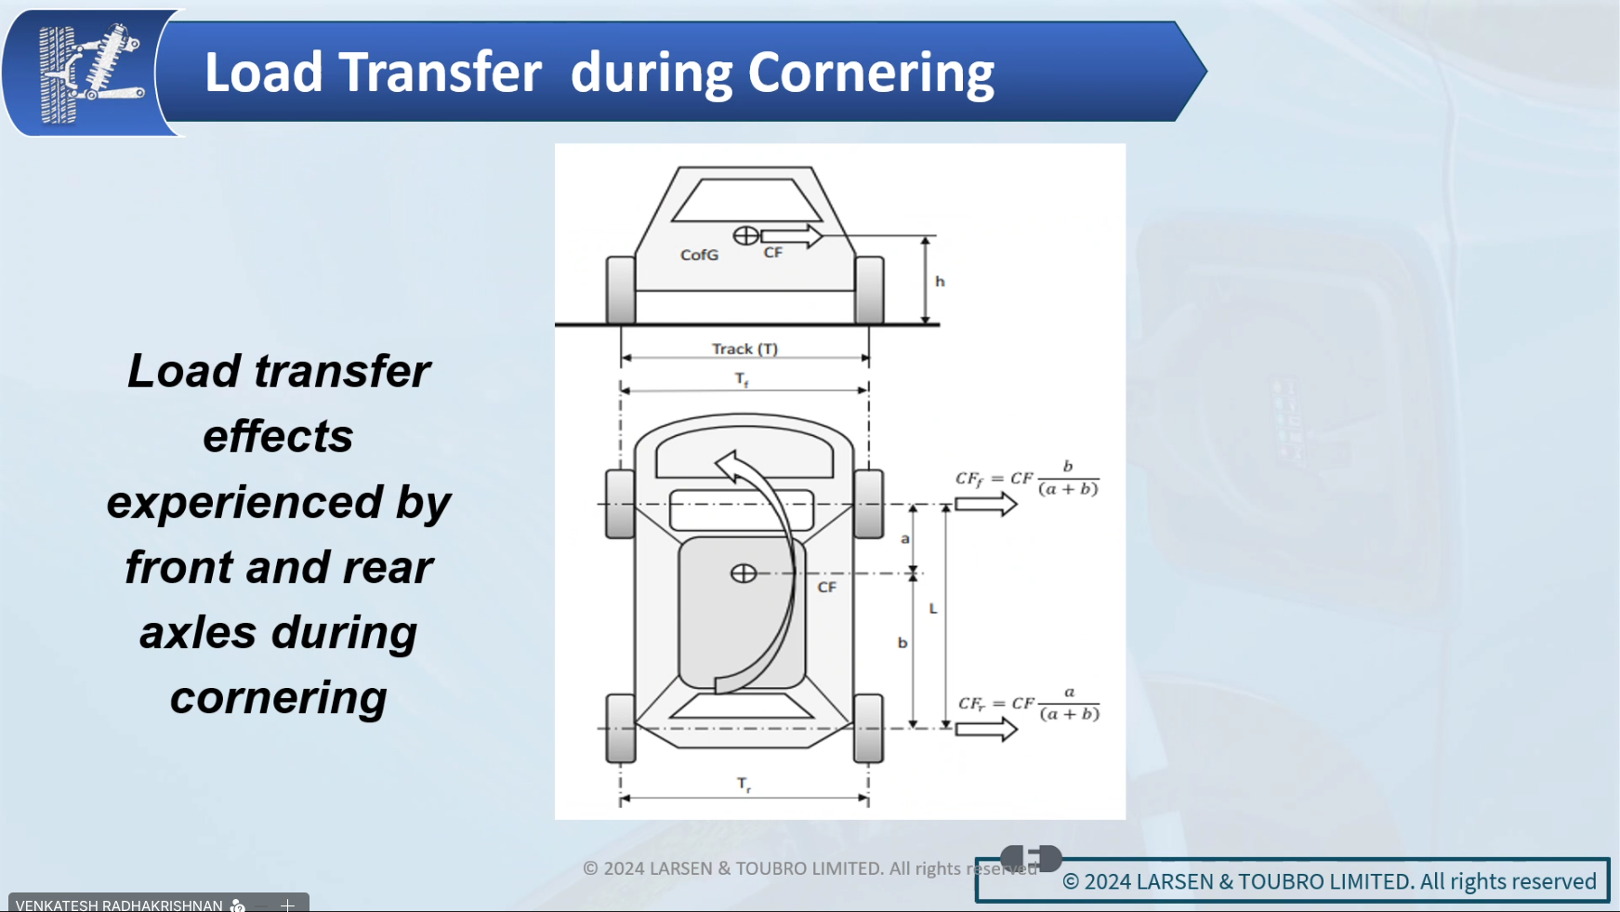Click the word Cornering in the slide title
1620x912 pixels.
point(871,73)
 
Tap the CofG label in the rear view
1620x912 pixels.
point(699,255)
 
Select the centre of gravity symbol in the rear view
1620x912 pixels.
point(745,235)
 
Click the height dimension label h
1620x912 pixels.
point(940,281)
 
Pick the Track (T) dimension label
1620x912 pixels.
point(744,349)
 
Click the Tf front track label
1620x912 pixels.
point(742,379)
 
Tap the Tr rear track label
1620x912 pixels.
point(744,785)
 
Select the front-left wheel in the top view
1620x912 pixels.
point(620,504)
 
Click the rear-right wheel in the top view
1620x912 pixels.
point(868,728)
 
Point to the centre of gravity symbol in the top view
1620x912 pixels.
point(744,574)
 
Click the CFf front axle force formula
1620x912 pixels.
point(1027,478)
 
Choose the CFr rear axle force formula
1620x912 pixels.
point(1029,704)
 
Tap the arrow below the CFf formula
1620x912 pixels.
point(986,504)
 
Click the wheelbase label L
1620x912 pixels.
point(933,609)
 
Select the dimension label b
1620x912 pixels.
point(902,642)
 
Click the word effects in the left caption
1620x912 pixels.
point(278,436)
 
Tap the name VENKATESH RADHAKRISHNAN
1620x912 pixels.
point(119,905)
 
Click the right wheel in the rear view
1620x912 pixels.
point(869,290)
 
